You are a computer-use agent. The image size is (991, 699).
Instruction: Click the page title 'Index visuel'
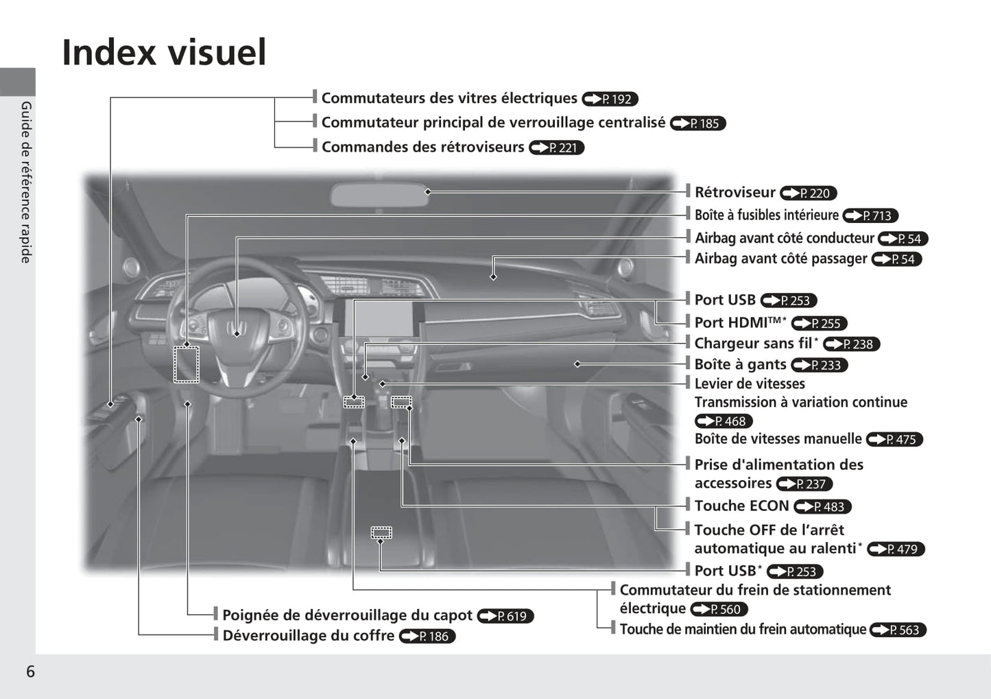point(164,52)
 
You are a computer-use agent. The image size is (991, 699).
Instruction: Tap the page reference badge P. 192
point(610,99)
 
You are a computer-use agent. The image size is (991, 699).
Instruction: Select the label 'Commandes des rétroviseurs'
point(422,147)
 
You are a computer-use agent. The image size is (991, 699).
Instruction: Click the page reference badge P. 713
point(870,215)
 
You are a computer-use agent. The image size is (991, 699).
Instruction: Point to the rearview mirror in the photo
point(379,195)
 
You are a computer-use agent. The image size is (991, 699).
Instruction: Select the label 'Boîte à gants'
point(740,364)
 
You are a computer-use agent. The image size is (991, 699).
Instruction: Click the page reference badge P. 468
point(724,421)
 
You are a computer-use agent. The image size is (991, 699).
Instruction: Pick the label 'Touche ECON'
point(741,506)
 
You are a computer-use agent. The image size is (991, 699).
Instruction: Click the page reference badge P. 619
point(505,616)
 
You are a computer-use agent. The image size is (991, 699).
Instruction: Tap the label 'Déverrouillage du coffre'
point(309,636)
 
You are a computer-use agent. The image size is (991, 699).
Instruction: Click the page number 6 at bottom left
point(31,672)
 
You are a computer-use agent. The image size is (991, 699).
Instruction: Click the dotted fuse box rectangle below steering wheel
point(187,364)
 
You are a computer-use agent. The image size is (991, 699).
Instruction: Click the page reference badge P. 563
point(898,630)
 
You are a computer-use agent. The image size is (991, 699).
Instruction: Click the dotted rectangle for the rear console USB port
point(381,533)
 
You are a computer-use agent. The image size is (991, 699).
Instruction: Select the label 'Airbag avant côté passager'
point(781,259)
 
